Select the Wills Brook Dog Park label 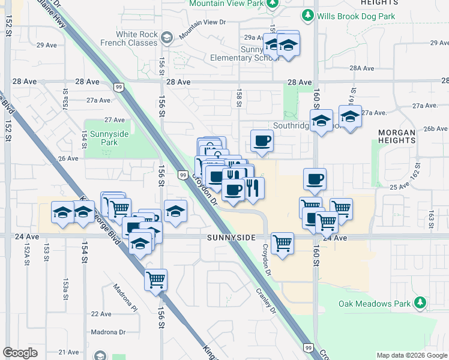(357, 16)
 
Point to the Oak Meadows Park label (375, 304)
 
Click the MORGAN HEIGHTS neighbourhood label (397, 136)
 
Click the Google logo (20, 352)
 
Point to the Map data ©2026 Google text (412, 355)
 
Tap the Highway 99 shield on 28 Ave (119, 88)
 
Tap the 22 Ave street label (101, 314)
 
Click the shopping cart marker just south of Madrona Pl (156, 280)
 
